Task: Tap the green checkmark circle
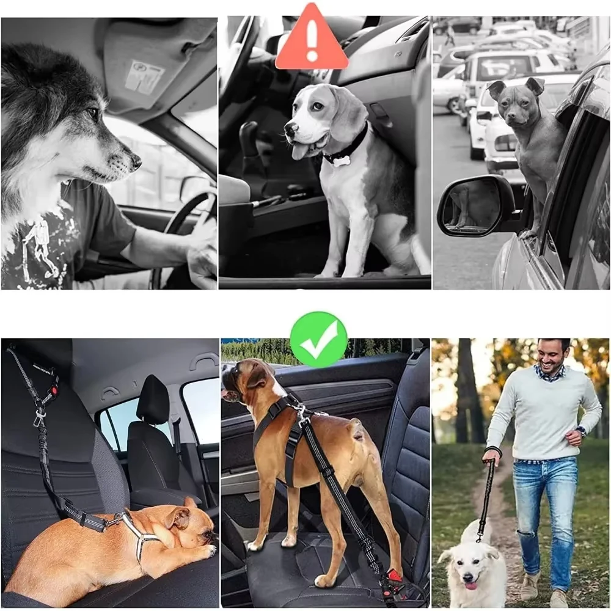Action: (318, 339)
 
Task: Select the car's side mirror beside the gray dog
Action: (476, 206)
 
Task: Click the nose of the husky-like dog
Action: (136, 162)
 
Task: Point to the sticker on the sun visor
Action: (145, 76)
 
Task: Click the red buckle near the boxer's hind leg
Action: (395, 574)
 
